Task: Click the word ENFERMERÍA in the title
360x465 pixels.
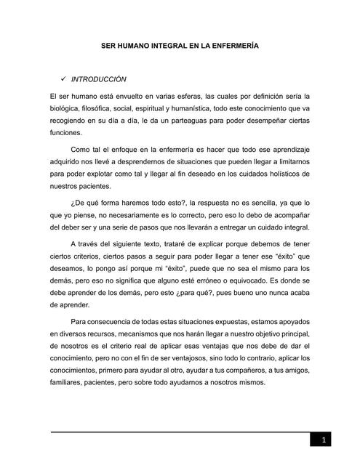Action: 234,46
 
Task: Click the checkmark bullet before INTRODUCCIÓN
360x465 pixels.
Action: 68,78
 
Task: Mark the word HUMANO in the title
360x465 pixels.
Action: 136,46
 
